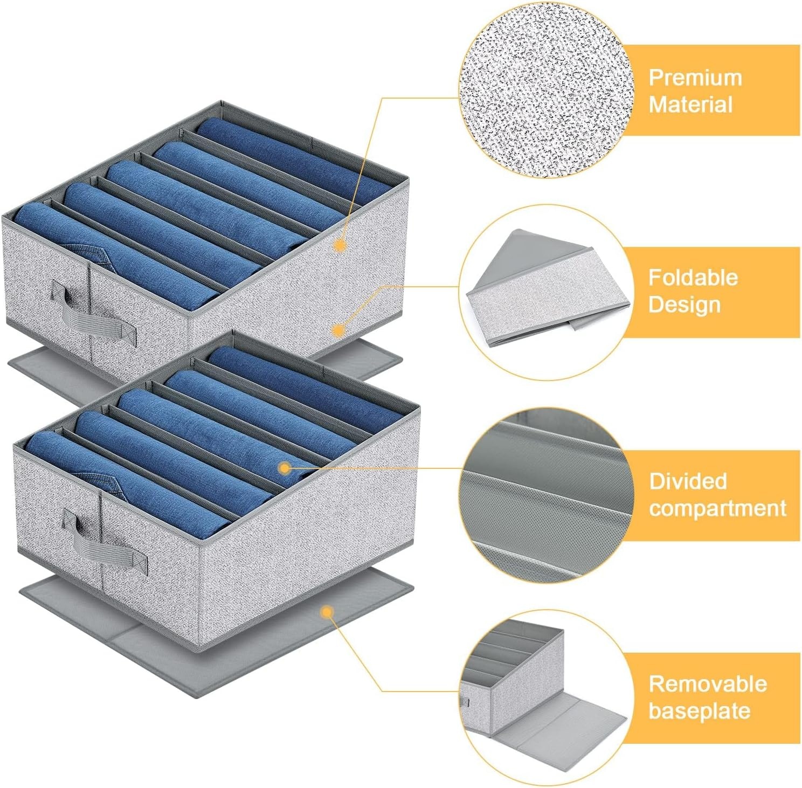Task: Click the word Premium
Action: click(x=695, y=78)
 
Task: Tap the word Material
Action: click(x=691, y=105)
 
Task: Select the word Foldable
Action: click(x=693, y=278)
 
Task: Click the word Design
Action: click(x=685, y=305)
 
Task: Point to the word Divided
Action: click(x=688, y=481)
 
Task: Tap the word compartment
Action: click(x=718, y=508)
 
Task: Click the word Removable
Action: click(x=708, y=683)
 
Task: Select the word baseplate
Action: click(x=700, y=710)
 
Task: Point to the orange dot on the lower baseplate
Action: click(x=326, y=612)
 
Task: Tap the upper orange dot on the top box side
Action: click(x=340, y=246)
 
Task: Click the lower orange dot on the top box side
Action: click(x=338, y=330)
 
